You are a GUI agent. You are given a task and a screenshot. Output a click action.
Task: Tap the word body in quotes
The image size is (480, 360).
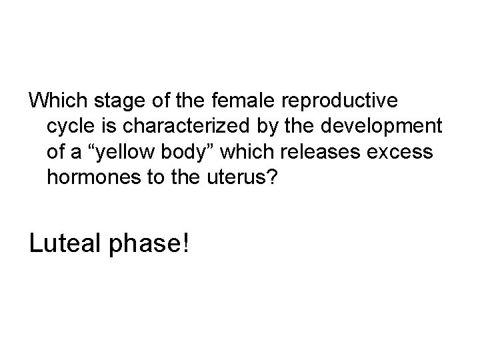[x=191, y=151]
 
